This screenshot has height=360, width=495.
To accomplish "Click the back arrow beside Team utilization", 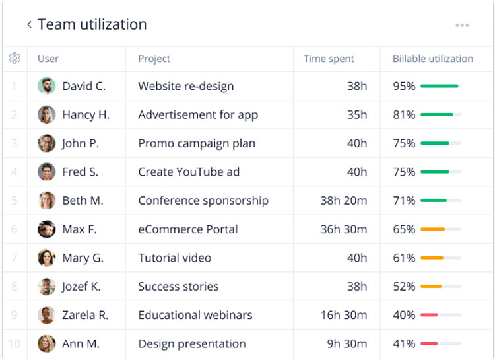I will click(x=29, y=25).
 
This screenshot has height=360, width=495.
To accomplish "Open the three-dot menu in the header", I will click(x=462, y=26).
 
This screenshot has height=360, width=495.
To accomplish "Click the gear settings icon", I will click(x=15, y=59).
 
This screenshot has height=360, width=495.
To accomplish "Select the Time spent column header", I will click(x=329, y=59).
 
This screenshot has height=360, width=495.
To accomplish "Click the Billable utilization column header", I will click(x=432, y=59).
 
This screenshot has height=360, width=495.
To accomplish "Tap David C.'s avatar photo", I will click(x=47, y=86).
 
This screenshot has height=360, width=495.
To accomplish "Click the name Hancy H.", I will click(x=86, y=115).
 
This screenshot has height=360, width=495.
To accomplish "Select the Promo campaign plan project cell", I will click(x=197, y=143).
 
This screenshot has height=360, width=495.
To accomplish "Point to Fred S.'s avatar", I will click(x=47, y=172).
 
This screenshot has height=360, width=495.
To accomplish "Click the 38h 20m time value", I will click(x=344, y=201).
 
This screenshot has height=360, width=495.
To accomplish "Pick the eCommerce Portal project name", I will click(x=188, y=229).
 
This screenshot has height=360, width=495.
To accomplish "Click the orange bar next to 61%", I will click(x=432, y=258).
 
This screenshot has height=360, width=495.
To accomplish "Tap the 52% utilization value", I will click(x=404, y=287).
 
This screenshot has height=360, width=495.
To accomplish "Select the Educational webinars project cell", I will click(x=195, y=315).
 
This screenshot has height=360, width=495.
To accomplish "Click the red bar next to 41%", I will click(x=429, y=343).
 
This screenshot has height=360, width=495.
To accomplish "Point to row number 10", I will click(x=15, y=343).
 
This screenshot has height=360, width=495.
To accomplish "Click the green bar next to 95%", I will click(x=440, y=86).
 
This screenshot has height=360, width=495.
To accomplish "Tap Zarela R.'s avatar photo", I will click(x=47, y=315).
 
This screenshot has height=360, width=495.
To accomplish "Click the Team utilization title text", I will click(x=92, y=25).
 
